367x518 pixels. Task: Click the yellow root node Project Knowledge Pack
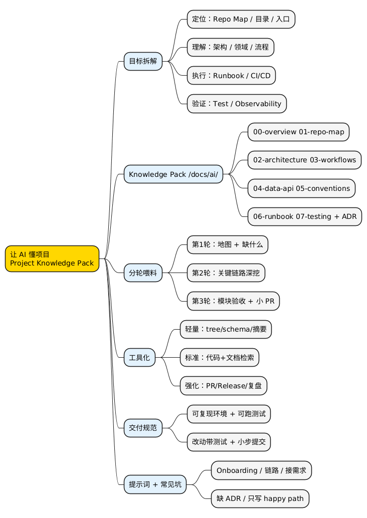[x=52, y=258]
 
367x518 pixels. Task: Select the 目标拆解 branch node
[x=143, y=61]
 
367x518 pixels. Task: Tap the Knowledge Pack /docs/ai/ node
[x=173, y=174]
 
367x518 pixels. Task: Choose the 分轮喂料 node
[x=143, y=273]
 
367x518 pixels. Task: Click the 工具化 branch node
[x=139, y=358]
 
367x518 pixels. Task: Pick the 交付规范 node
[x=143, y=428]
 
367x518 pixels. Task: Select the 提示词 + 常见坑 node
[x=155, y=484]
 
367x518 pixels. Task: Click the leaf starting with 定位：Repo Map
[x=241, y=20]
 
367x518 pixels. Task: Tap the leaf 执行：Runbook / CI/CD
[x=231, y=76]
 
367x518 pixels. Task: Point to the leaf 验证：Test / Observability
[x=237, y=104]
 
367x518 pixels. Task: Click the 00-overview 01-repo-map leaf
[x=298, y=132]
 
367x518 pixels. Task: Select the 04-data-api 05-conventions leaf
[x=301, y=188]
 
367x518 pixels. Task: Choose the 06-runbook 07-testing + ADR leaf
[x=305, y=216]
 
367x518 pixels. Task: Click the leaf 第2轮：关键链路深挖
[x=226, y=273]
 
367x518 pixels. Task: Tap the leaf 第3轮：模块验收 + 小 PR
[x=233, y=301]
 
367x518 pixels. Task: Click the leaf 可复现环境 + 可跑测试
[x=228, y=414]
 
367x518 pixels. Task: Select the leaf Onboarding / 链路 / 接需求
[x=261, y=470]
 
